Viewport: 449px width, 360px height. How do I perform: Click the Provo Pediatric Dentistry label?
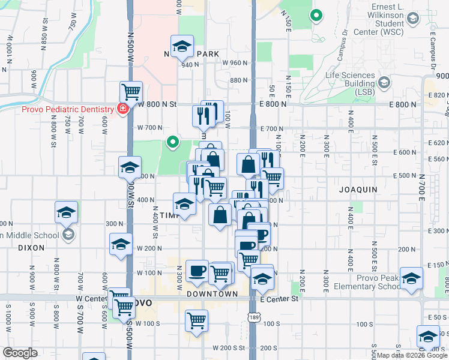pos(68,109)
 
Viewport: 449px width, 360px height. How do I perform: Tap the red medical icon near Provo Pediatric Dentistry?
pos(122,109)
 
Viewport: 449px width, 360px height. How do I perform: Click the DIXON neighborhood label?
pos(31,247)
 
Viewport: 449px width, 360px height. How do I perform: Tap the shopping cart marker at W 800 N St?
pos(131,92)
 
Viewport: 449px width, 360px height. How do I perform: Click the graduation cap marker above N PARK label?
pos(182,46)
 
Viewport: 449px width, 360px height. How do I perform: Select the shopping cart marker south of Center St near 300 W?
pos(196,322)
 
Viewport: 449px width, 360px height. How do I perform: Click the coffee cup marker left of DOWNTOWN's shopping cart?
pos(197,271)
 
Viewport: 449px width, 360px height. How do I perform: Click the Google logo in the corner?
pos(20,353)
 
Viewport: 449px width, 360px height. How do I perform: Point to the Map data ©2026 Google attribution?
pos(412,355)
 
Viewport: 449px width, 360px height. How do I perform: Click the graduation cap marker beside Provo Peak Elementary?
pos(411,278)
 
